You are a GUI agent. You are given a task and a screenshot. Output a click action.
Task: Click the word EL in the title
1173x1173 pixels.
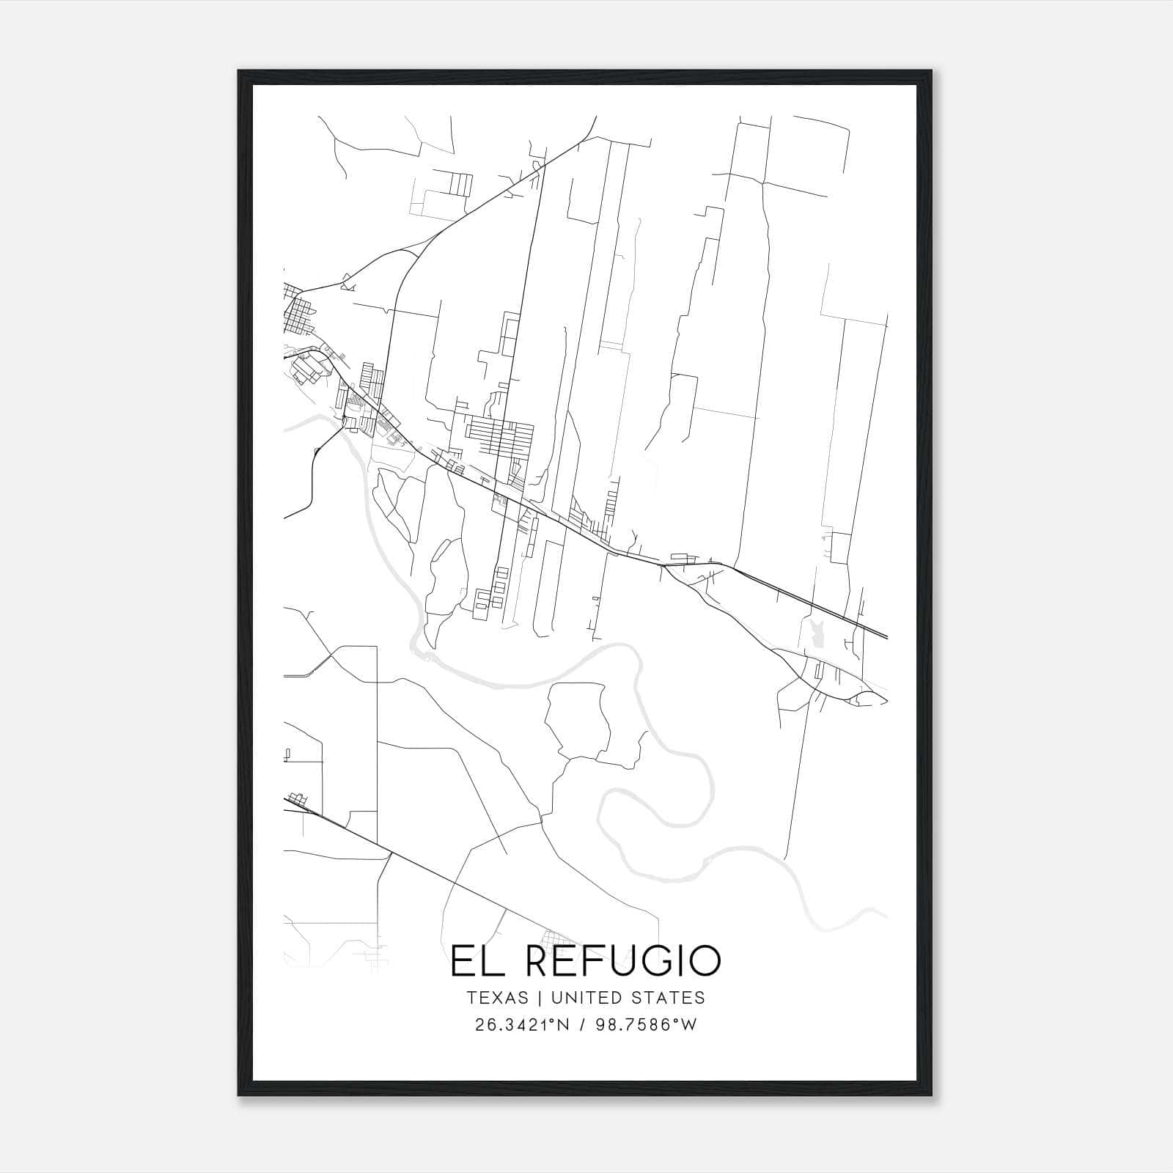click(474, 961)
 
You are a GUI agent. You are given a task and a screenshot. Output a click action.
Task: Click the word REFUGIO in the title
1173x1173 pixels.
click(614, 961)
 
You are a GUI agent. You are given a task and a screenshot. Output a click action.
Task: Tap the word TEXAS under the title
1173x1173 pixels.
click(496, 998)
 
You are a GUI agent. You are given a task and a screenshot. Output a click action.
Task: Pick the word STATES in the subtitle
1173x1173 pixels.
click(671, 998)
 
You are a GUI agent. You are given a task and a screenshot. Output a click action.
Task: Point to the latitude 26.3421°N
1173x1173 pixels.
click(523, 1025)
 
